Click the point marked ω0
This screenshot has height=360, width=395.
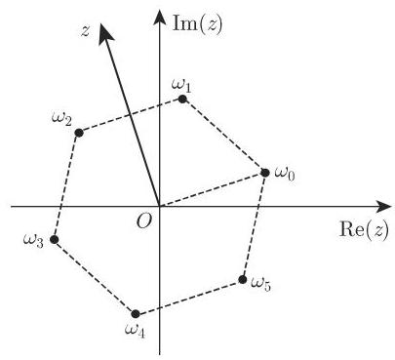point(265,173)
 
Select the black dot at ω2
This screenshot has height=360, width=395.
point(79,132)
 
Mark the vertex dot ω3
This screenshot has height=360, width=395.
point(55,238)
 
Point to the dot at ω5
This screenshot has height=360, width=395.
point(243,281)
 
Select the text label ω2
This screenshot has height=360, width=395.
point(60,119)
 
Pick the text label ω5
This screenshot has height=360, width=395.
point(260,284)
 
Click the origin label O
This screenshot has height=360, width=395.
point(144,221)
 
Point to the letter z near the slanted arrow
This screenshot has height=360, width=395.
point(86,31)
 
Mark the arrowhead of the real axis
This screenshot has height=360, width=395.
point(380,207)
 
